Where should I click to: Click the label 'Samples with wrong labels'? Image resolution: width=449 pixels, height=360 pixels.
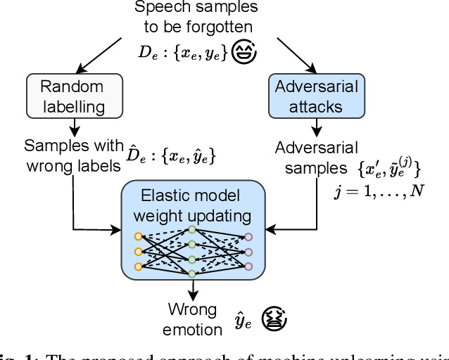[73, 156]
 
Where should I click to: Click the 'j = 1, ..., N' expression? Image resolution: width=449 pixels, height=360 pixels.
[379, 191]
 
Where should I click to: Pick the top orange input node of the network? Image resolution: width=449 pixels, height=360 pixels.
[138, 236]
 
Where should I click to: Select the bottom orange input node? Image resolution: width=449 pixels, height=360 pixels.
[138, 266]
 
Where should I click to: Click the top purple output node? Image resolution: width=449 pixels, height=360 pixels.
[247, 237]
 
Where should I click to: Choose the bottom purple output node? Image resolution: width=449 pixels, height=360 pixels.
[247, 266]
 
